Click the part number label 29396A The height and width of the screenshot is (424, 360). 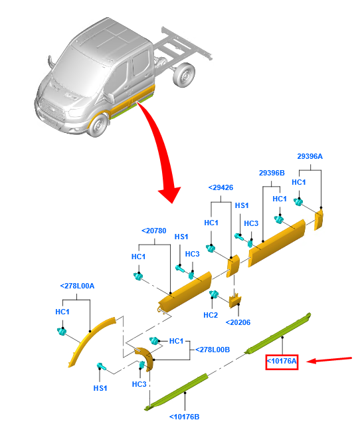point(310,156)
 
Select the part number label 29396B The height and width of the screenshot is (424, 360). point(272,173)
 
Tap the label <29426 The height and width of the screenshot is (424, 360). point(221,187)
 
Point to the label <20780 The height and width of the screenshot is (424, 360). point(154,231)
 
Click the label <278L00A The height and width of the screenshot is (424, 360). point(77,286)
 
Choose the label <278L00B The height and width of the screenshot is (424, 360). point(213,350)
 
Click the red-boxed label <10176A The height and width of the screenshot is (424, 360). point(282,362)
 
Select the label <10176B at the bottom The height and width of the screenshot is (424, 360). point(185,417)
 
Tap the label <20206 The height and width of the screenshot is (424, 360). point(238,322)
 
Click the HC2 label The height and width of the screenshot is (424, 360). point(211,315)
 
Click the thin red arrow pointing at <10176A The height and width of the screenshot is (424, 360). point(329,360)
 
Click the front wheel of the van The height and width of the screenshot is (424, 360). point(98,126)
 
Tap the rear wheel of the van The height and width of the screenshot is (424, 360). point(185,75)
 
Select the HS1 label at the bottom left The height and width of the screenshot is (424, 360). point(100,388)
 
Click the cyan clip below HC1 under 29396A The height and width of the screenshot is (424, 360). point(298,202)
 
